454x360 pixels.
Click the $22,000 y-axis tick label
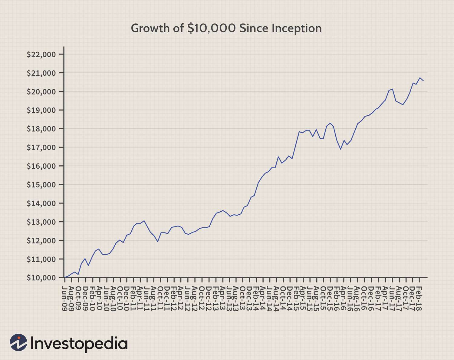point(41,54)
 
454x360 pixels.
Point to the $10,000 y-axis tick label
point(41,278)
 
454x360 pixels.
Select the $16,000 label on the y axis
point(41,166)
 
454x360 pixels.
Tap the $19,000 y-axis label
point(41,110)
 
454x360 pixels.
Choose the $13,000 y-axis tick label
point(41,222)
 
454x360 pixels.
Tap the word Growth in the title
point(146,28)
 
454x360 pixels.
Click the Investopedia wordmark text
point(79,343)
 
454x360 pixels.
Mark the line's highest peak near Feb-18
point(420,78)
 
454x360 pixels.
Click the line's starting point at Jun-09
point(64,277)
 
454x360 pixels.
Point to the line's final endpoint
point(423,81)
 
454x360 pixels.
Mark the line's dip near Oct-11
point(158,241)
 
